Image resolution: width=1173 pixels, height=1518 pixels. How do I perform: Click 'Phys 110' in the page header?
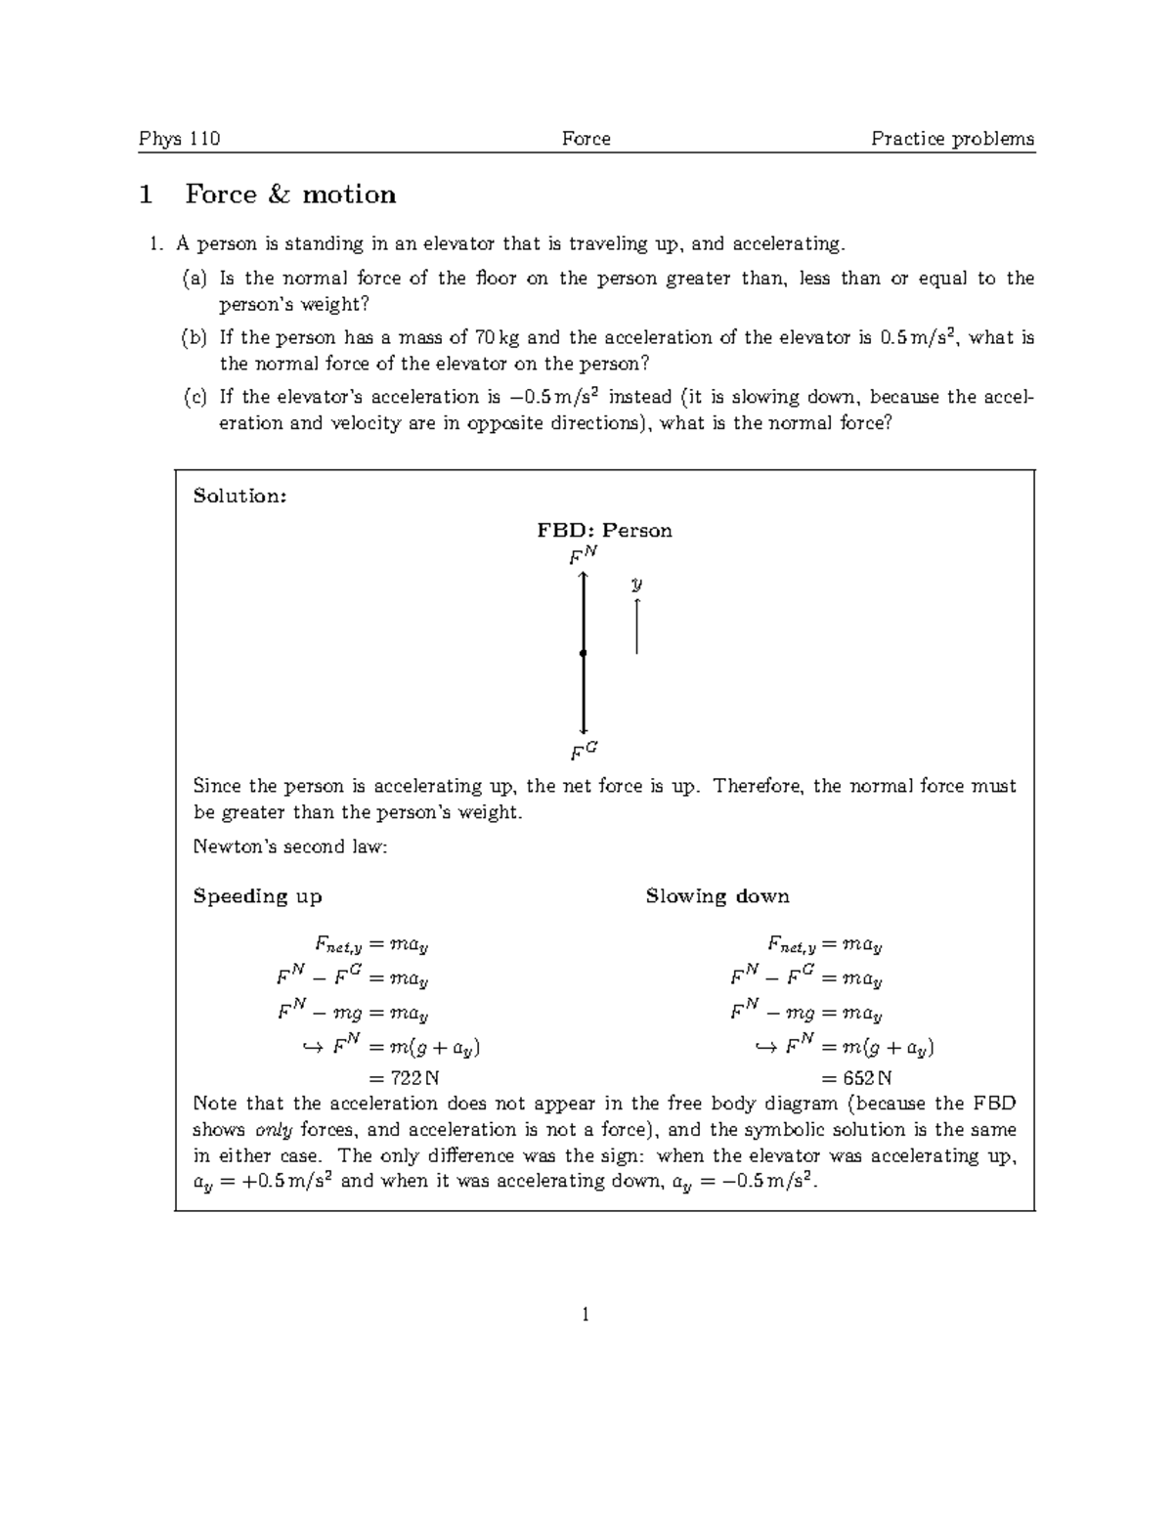180,139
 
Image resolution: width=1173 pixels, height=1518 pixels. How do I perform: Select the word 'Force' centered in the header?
586,139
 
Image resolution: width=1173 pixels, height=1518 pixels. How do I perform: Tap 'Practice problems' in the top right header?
952,139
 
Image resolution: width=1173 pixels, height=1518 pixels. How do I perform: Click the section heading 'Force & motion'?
290,195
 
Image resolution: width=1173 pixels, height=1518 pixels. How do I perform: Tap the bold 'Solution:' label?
239,496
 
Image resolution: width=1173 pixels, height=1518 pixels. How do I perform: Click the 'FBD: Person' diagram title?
604,531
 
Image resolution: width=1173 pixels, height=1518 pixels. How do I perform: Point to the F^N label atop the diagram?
583,556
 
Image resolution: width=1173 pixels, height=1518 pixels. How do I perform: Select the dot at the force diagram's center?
583,653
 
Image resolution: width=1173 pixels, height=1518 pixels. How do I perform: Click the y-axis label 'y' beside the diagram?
636,584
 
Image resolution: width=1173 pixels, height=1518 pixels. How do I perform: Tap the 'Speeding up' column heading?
257,896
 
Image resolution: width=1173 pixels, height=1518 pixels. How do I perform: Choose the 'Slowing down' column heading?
717,896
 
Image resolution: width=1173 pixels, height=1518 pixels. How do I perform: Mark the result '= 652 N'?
856,1078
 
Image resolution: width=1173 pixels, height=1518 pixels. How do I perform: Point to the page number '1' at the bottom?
586,1315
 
